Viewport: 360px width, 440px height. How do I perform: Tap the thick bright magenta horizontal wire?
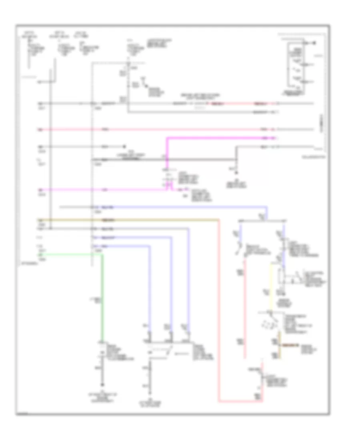pos(220,138)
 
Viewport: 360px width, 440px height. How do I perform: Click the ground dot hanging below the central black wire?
pos(236,173)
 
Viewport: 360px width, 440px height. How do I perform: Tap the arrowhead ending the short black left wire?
pos(125,146)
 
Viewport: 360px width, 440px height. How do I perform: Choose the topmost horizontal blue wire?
pos(180,208)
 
